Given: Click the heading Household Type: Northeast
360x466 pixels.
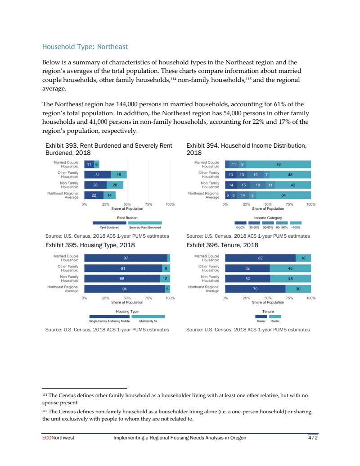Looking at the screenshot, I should pyautogui.click(x=85, y=47).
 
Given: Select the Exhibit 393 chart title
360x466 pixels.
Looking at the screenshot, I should pyautogui.click(x=108, y=149).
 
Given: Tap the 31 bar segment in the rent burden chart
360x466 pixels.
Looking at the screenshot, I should pyautogui.click(x=97, y=175).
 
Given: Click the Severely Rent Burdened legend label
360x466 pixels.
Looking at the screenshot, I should pyautogui.click(x=142, y=227).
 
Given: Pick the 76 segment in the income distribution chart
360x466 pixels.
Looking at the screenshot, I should pyautogui.click(x=279, y=165).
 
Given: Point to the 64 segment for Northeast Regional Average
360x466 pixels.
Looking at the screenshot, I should pyautogui.click(x=283, y=195).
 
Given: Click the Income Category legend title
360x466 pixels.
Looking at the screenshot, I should pyautogui.click(x=268, y=217).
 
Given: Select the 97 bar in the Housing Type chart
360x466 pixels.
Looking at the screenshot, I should pyautogui.click(x=126, y=258).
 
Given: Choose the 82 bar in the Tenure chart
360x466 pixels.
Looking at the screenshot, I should pyautogui.click(x=260, y=258).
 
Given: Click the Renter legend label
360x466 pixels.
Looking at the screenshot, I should pyautogui.click(x=275, y=321).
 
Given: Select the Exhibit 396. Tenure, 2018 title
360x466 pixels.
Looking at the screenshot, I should pyautogui.click(x=222, y=245).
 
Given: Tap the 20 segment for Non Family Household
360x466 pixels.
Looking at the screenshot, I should pyautogui.click(x=114, y=185).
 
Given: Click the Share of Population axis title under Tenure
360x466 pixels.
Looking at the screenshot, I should pyautogui.click(x=268, y=303).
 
